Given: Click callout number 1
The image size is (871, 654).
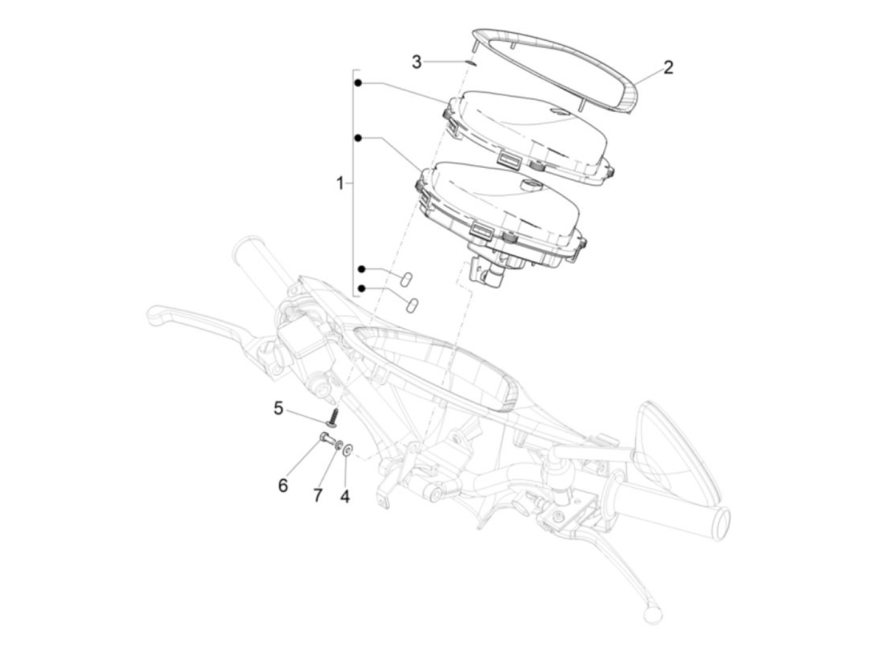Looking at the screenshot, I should click(x=340, y=183).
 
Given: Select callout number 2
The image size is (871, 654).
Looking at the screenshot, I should click(x=668, y=67).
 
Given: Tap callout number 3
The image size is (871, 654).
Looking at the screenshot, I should click(x=417, y=62).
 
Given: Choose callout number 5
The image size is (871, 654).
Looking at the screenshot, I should click(x=278, y=408).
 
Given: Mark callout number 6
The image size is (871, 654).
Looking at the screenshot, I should click(x=283, y=485).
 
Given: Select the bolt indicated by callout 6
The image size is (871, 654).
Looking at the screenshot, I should click(x=326, y=439).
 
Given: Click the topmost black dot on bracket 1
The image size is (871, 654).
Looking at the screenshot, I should click(x=358, y=83).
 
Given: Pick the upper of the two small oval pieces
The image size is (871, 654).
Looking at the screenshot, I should click(x=405, y=277).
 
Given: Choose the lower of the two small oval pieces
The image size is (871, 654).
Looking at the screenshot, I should click(x=412, y=305).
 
